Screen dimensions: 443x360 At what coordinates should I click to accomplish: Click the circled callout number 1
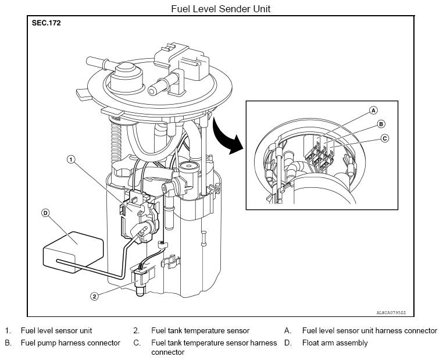(x=71, y=160)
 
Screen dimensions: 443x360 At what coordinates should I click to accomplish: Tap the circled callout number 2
(x=95, y=296)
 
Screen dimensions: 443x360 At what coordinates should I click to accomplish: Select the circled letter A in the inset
(x=373, y=111)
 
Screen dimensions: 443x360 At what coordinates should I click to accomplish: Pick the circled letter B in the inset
(x=381, y=124)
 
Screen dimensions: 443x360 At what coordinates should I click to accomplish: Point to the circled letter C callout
(x=384, y=138)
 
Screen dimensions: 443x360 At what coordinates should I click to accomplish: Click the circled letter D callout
(x=45, y=213)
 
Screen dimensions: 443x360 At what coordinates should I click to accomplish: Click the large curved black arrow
(x=226, y=137)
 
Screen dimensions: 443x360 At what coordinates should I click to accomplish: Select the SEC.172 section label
(x=46, y=23)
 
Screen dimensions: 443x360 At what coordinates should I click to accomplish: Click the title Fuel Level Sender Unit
(x=221, y=9)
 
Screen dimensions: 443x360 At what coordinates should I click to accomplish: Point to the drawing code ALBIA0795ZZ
(x=391, y=312)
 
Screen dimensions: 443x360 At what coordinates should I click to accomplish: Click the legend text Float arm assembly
(x=335, y=343)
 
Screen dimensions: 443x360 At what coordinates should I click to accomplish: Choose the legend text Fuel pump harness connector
(x=70, y=343)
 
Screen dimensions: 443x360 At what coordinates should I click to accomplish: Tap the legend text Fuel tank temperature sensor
(x=201, y=330)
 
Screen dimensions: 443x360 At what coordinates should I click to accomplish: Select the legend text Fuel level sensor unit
(x=56, y=330)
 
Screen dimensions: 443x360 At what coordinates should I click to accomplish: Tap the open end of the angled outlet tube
(x=153, y=91)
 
